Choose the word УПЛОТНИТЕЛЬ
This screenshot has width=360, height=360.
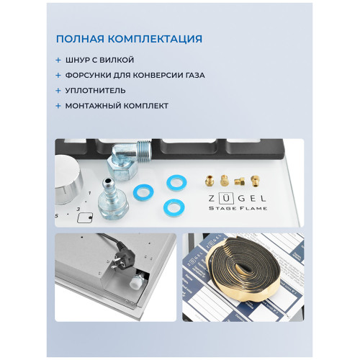click(95, 91)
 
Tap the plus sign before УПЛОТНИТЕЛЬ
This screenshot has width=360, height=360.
click(58, 91)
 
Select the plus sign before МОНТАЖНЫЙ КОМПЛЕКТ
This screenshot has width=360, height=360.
click(58, 106)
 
